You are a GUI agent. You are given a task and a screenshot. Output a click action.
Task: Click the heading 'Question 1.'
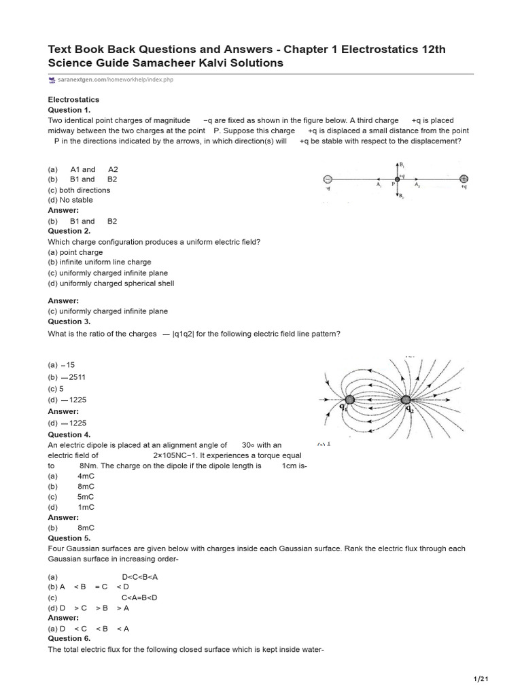(69, 110)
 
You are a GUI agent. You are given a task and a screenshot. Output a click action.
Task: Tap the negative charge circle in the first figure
(327, 179)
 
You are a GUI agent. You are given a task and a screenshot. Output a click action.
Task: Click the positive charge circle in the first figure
(464, 179)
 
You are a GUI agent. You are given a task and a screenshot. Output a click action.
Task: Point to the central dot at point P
(397, 179)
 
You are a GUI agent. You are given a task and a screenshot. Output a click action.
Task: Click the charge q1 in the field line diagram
(349, 400)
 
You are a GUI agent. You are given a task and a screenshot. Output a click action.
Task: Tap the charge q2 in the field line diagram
(406, 400)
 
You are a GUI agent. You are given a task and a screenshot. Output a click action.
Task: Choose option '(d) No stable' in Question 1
(70, 201)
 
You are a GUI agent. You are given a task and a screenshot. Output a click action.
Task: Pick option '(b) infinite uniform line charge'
(99, 262)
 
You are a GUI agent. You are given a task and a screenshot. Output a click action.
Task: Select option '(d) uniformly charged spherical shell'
(111, 283)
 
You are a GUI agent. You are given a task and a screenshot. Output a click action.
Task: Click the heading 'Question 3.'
(69, 321)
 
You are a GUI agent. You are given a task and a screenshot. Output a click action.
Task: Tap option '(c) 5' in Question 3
(56, 389)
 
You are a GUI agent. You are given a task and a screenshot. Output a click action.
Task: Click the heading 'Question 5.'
(69, 538)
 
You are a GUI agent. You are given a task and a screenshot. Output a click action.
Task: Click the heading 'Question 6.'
(69, 639)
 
